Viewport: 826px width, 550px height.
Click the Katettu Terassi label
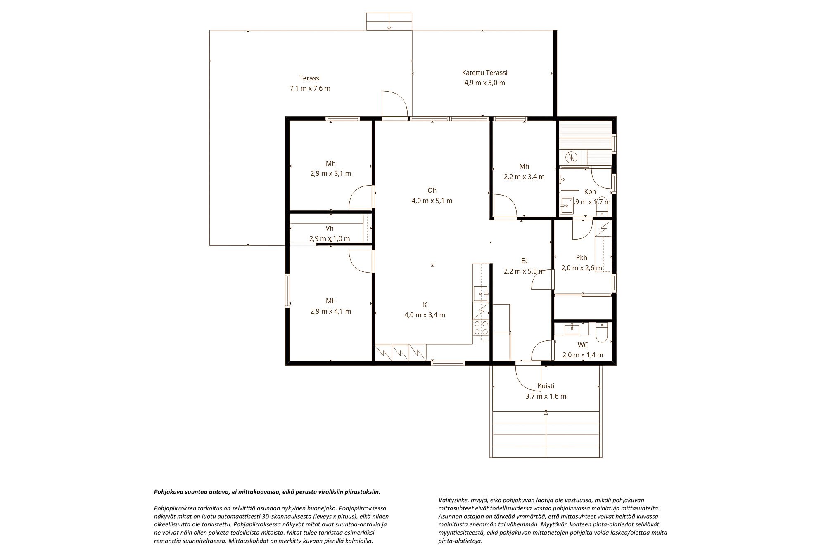pyautogui.click(x=484, y=73)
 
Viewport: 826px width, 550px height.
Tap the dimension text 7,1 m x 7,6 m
pyautogui.click(x=310, y=88)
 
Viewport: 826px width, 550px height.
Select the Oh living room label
pyautogui.click(x=432, y=190)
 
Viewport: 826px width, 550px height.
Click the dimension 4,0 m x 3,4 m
pyautogui.click(x=425, y=315)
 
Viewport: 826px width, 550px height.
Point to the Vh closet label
pyautogui.click(x=330, y=228)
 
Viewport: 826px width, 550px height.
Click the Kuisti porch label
pyautogui.click(x=546, y=386)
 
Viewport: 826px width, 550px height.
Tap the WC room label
pyautogui.click(x=583, y=345)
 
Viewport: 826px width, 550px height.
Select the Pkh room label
pyautogui.click(x=582, y=257)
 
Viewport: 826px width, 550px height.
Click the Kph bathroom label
pyautogui.click(x=590, y=191)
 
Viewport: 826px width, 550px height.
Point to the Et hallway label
pyautogui.click(x=525, y=261)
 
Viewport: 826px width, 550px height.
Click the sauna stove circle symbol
pyautogui.click(x=572, y=157)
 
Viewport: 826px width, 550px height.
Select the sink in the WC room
pyautogui.click(x=572, y=329)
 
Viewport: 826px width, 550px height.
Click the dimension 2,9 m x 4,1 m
pyautogui.click(x=331, y=312)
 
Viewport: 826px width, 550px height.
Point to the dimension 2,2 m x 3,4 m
pyautogui.click(x=524, y=177)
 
